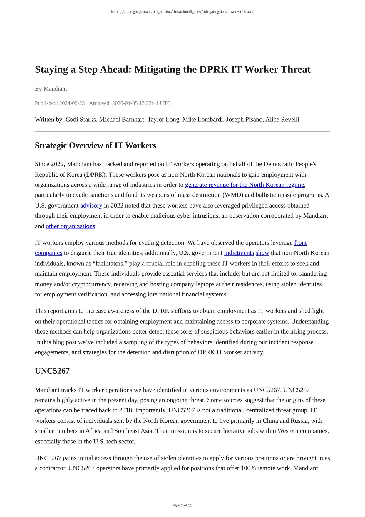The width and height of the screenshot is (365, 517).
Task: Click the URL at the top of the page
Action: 182,12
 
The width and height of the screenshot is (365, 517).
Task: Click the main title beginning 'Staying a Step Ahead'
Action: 173,69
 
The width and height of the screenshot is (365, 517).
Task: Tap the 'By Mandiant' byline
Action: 51,89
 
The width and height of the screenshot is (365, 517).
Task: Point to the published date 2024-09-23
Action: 72,103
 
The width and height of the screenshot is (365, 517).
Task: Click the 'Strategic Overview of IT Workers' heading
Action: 95,145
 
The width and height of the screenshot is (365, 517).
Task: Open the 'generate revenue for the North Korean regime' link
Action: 244,185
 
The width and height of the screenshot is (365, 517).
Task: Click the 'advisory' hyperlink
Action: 91,206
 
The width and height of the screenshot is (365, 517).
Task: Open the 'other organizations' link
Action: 70,226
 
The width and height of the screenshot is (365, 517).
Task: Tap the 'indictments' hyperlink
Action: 239,253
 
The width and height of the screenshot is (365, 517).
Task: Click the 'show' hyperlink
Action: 262,253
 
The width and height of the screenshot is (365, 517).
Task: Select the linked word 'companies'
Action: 48,253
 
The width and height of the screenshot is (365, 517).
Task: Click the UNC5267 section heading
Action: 52,371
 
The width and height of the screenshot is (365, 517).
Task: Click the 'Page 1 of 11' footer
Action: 182,505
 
